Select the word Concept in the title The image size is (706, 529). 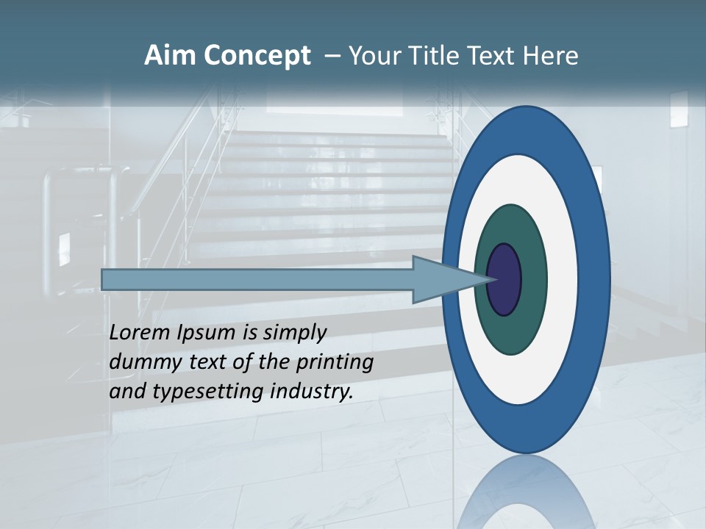tap(257, 56)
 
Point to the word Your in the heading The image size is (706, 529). tap(372, 56)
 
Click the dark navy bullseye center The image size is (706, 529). tap(504, 280)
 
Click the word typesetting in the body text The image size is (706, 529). tap(209, 392)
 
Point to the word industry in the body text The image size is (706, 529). tap(311, 392)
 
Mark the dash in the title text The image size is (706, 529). tap(332, 56)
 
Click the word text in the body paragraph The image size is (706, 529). tap(210, 362)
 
